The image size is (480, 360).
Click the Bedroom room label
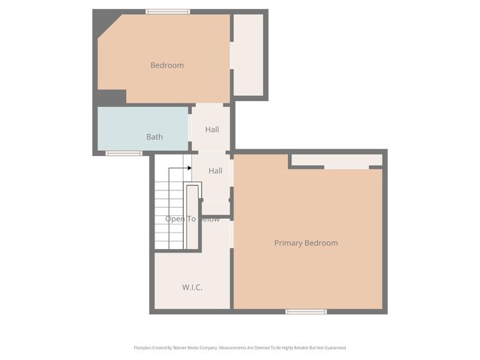click(166, 65)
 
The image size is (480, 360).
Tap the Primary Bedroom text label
click(306, 243)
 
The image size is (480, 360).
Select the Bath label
click(154, 137)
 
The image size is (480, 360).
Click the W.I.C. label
click(192, 288)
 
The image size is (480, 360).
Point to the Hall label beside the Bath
click(212, 130)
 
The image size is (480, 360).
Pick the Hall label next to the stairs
click(215, 171)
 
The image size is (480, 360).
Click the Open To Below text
click(193, 219)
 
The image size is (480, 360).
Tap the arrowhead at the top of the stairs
click(190, 169)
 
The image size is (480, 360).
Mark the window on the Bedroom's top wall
click(167, 11)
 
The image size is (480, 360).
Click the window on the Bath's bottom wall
click(124, 154)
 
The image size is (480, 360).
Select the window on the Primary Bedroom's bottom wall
click(306, 311)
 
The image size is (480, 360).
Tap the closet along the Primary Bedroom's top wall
click(336, 160)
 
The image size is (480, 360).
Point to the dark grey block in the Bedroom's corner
click(111, 97)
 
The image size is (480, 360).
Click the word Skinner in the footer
click(181, 348)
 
